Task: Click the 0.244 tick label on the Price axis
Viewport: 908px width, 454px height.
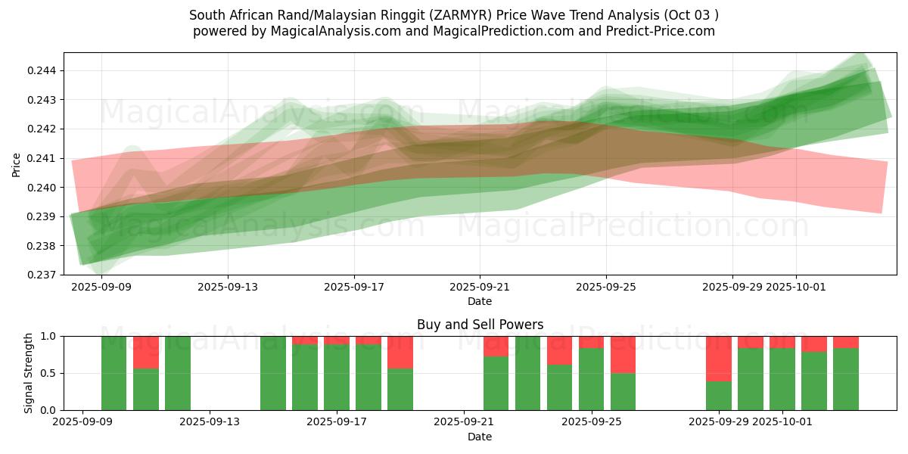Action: coord(44,70)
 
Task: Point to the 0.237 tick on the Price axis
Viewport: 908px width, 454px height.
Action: coord(44,275)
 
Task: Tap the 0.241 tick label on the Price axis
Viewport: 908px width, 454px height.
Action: coord(44,158)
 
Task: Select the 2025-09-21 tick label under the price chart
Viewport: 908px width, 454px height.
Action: coord(480,288)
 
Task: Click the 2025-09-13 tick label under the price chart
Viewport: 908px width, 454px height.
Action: coord(228,288)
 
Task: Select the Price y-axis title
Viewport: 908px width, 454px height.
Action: coord(17,163)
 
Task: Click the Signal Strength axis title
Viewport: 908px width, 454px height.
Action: coord(28,372)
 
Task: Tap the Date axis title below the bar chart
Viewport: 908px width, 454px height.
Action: coord(480,437)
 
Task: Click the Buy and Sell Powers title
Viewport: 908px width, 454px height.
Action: coord(480,325)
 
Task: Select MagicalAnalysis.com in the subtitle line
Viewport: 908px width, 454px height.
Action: coord(329,31)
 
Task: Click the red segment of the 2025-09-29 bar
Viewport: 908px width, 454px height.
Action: coord(719,359)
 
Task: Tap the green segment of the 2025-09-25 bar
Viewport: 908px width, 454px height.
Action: coord(592,379)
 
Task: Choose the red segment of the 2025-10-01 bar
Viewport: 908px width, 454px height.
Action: coord(782,342)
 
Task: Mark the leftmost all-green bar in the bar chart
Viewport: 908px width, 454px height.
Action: coord(114,373)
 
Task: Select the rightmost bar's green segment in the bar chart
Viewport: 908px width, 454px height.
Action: coord(846,379)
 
